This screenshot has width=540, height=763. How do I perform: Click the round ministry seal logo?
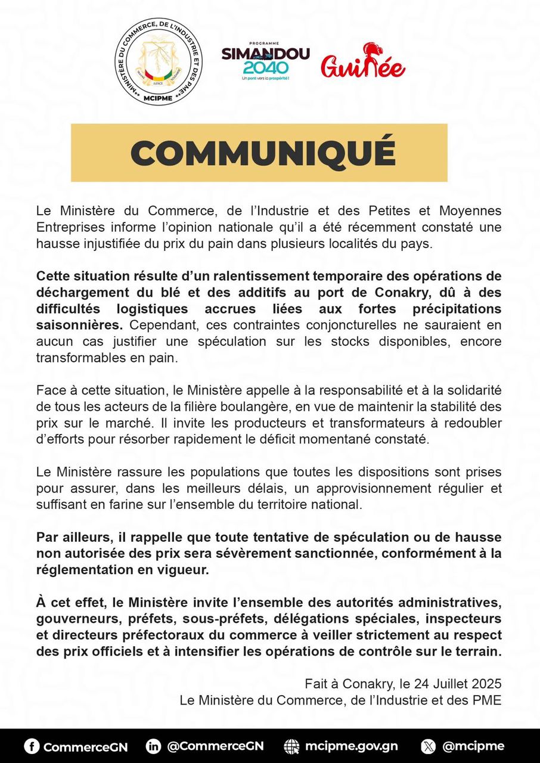tap(158, 61)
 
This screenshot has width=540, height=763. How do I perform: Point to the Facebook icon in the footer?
tap(32, 746)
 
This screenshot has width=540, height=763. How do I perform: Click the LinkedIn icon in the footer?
tap(153, 746)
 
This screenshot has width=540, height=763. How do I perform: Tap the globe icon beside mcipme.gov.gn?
tap(292, 746)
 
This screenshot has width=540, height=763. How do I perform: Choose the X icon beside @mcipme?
tap(428, 746)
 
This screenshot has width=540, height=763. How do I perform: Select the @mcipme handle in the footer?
tap(474, 746)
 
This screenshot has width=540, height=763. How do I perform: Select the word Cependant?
tap(153, 326)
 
